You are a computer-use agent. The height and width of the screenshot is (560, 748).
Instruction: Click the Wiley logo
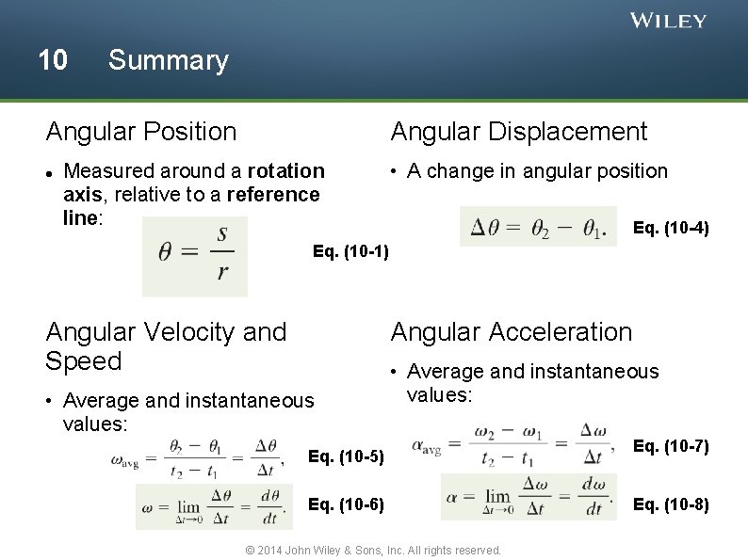click(668, 21)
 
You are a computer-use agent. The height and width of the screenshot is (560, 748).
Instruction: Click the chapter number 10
click(53, 60)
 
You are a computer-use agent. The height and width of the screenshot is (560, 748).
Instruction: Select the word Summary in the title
click(168, 60)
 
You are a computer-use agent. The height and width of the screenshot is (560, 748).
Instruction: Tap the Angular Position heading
click(141, 132)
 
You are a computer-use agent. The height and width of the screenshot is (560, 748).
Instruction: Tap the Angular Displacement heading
click(519, 132)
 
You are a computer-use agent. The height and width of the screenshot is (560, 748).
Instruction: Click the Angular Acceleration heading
click(512, 331)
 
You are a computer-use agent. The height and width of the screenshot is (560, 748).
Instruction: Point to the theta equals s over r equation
click(195, 257)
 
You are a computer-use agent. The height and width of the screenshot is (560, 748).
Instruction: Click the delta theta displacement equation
click(538, 228)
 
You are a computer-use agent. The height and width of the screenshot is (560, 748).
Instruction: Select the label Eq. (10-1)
click(350, 252)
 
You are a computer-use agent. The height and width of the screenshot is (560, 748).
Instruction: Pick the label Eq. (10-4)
click(671, 228)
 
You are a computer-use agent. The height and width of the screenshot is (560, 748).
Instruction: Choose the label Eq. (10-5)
click(347, 457)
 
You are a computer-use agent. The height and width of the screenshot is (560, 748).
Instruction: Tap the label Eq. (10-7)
click(671, 445)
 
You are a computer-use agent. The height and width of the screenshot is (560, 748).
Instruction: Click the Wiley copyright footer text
click(373, 550)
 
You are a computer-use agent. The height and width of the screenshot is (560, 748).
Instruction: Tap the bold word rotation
click(286, 171)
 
